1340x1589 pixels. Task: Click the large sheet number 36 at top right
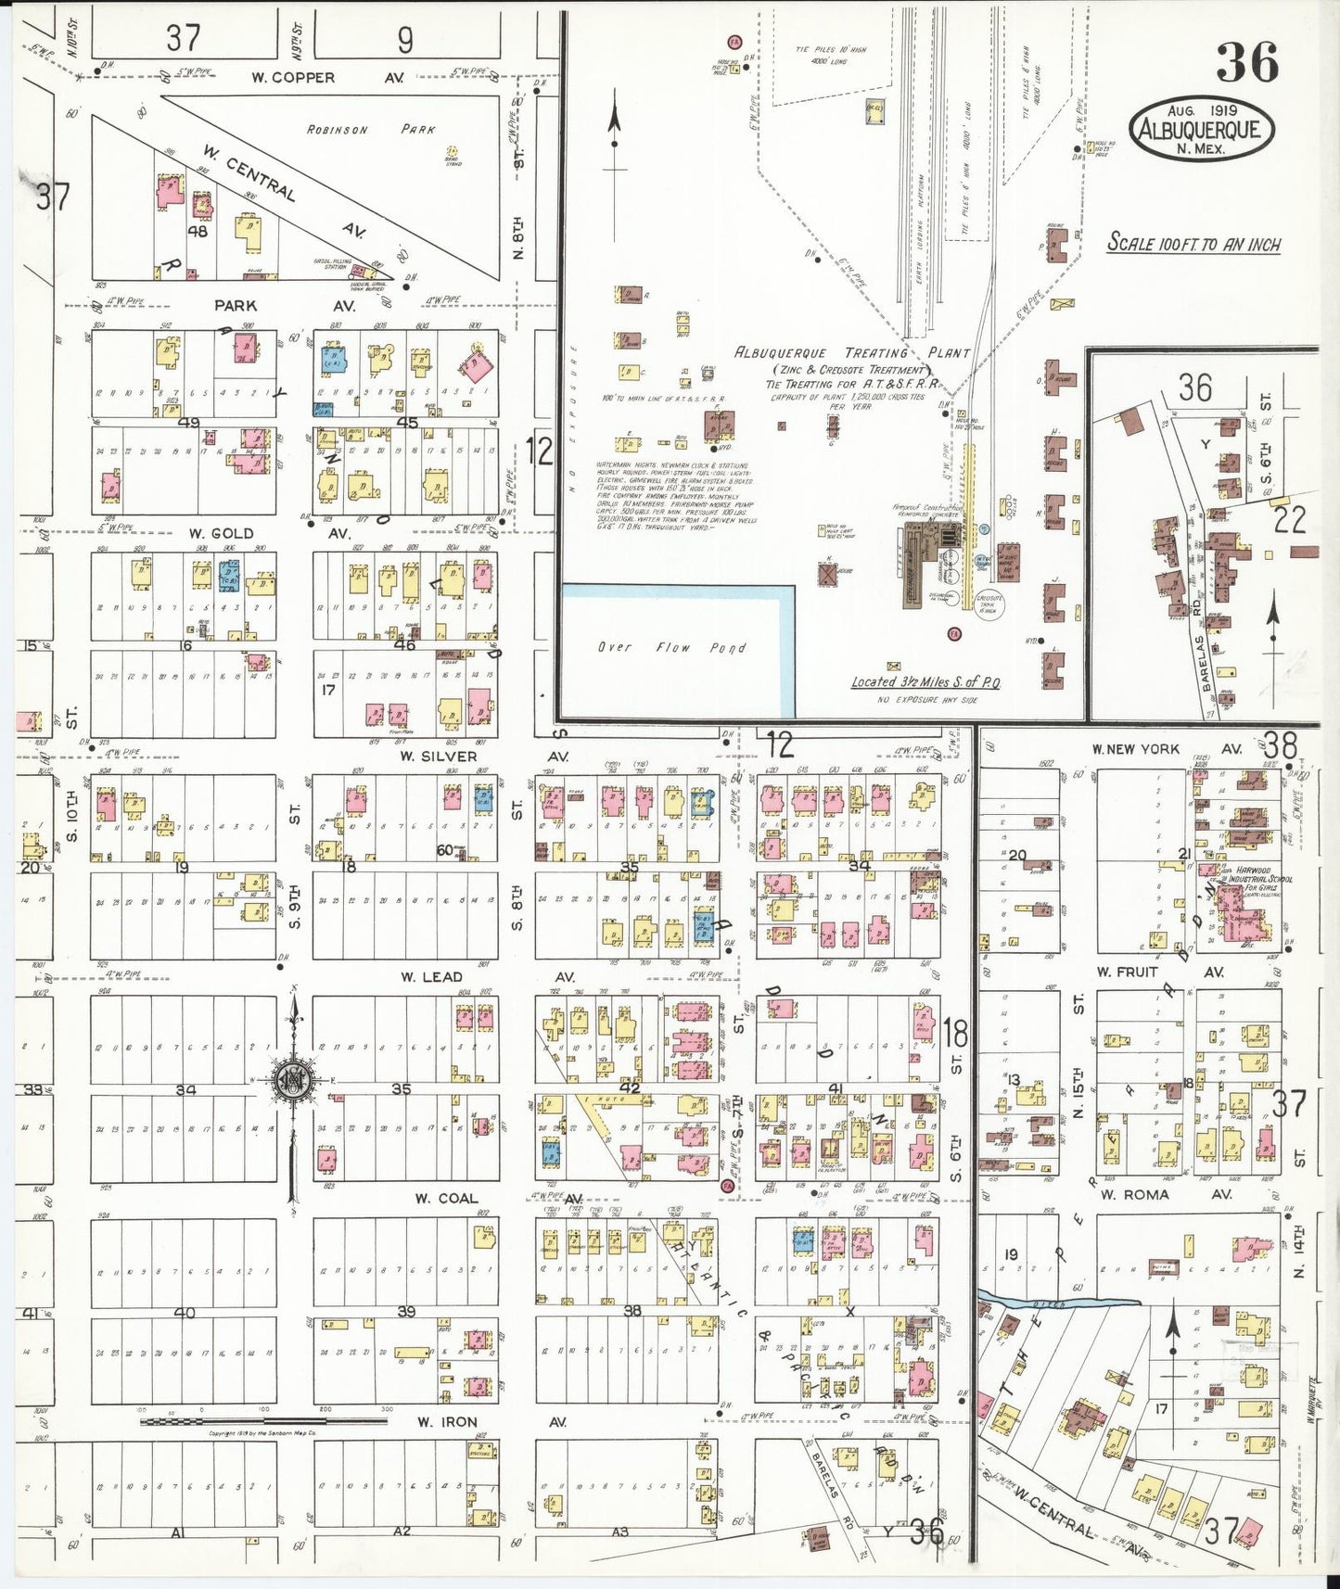(1248, 62)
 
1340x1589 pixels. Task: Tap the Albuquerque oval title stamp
(1201, 130)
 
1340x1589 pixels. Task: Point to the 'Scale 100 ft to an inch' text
(1194, 244)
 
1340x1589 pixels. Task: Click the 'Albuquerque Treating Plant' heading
(851, 353)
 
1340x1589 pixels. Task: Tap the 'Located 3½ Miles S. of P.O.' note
(926, 681)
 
